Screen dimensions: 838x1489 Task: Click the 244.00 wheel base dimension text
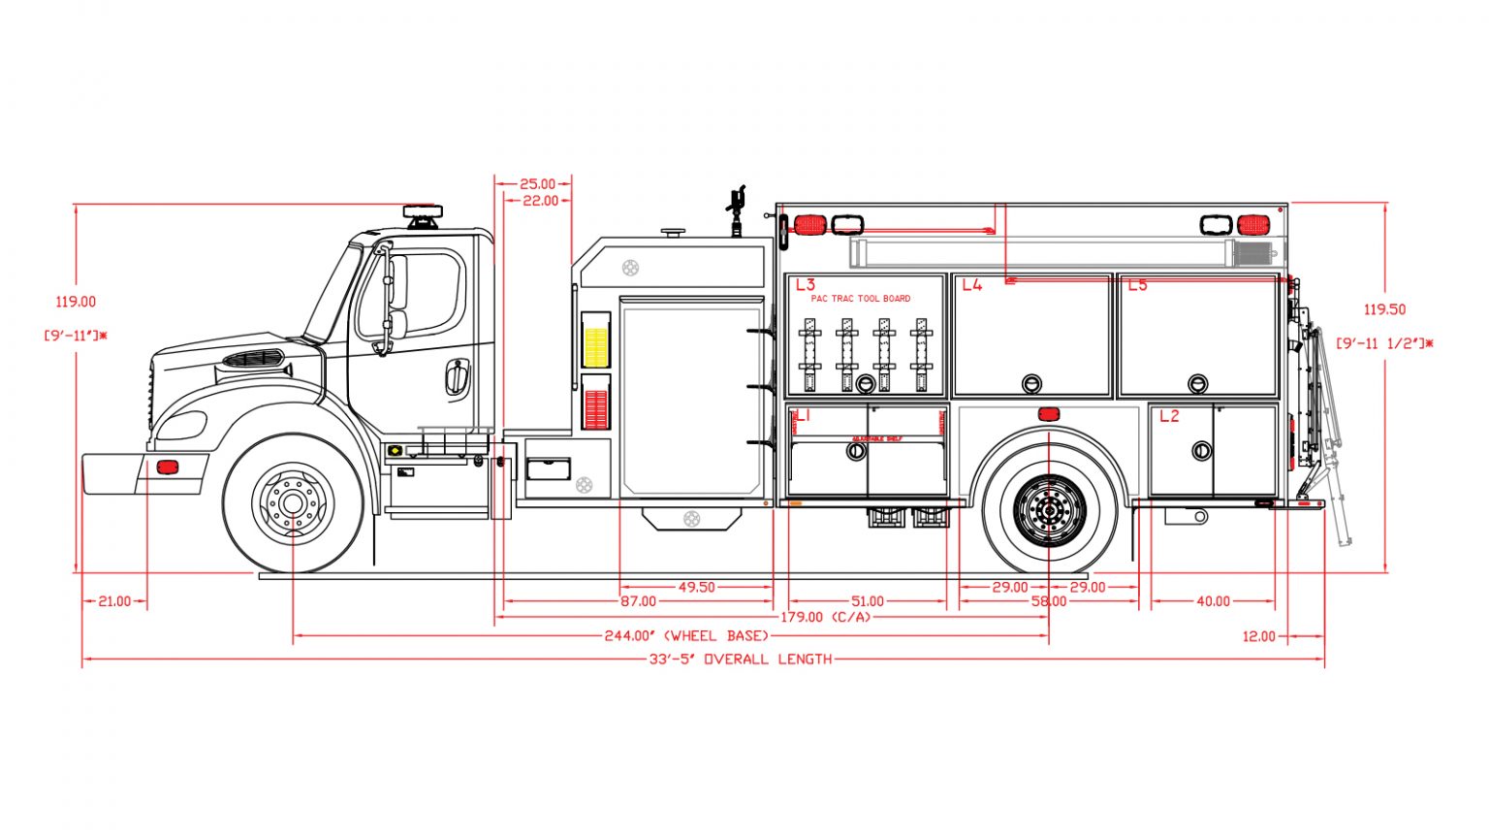[686, 636]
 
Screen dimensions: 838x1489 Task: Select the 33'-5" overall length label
[741, 660]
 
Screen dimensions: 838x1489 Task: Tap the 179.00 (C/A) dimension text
[826, 617]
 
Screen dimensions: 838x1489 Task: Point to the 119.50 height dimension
[1384, 309]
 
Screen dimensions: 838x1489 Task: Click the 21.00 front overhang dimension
[114, 601]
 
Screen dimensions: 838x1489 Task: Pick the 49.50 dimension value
[697, 587]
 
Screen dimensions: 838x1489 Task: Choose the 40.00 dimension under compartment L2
[1213, 601]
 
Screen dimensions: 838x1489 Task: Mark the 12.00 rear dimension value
[1258, 636]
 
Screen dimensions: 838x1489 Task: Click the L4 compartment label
[971, 285]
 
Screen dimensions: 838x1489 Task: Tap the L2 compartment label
[1169, 416]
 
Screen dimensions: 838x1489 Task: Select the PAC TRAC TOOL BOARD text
[861, 299]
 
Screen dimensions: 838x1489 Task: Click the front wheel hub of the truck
[293, 502]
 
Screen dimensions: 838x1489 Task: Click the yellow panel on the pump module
[595, 346]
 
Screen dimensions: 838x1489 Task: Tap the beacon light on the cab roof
[423, 211]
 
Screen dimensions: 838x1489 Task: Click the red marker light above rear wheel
[1048, 415]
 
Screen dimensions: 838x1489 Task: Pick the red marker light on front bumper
[168, 467]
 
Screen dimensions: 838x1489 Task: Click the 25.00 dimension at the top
[537, 184]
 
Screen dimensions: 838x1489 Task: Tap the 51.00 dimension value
[867, 601]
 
